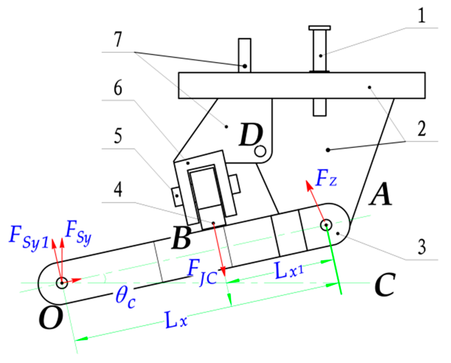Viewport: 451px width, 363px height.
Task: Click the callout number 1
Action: (x=422, y=15)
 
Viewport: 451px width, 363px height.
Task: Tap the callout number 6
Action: (x=118, y=88)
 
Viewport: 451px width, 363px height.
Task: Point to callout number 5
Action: (x=118, y=136)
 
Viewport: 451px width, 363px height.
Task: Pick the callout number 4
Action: (x=118, y=190)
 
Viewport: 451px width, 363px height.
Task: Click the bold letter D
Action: (x=251, y=135)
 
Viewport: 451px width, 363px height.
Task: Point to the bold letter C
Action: (x=385, y=284)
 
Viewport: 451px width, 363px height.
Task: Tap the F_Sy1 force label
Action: (x=28, y=237)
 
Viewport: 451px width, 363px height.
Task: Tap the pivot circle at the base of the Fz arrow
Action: (x=326, y=225)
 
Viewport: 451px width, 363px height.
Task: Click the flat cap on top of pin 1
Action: (x=320, y=28)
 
